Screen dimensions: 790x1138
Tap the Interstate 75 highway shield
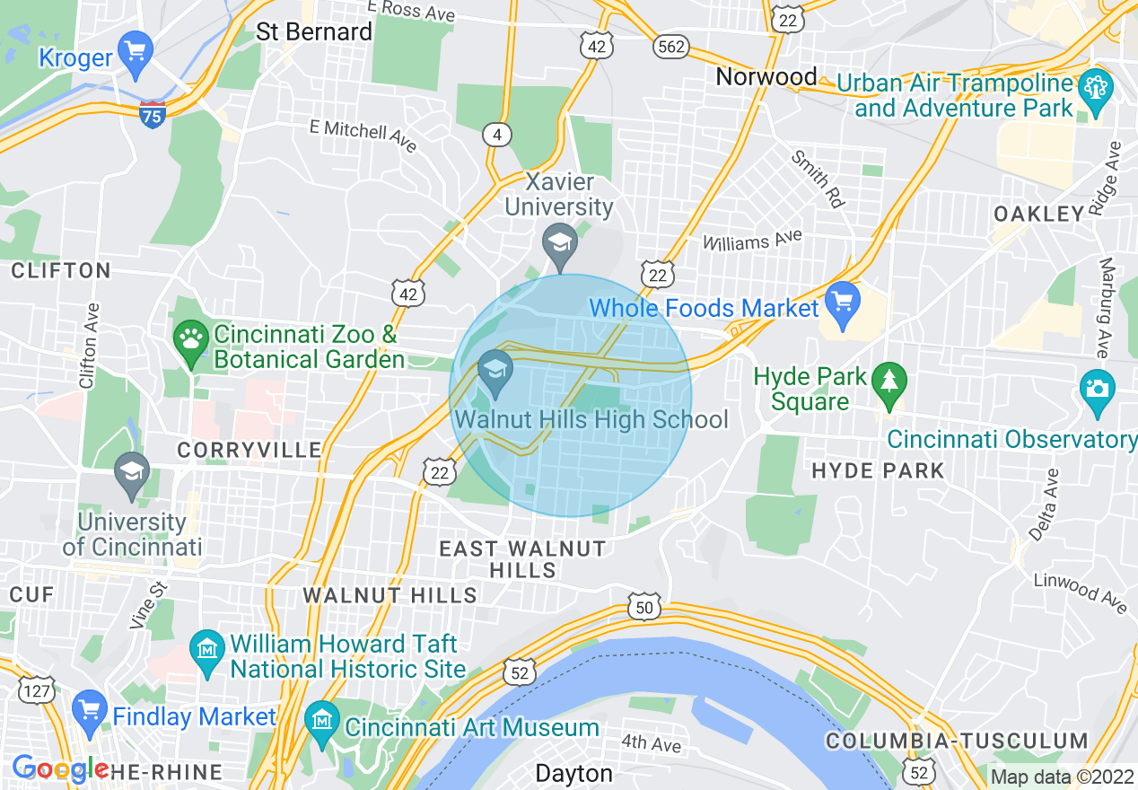(x=153, y=115)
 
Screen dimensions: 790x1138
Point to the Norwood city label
(x=766, y=77)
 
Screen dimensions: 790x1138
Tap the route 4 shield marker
(x=496, y=135)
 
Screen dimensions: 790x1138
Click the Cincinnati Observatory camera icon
(x=1097, y=389)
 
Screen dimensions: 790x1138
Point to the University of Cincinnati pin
(x=132, y=472)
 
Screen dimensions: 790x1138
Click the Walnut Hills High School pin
(x=495, y=370)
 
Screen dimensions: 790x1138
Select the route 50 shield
(x=644, y=608)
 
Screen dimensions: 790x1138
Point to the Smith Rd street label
(x=818, y=179)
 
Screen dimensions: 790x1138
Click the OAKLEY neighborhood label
(x=1039, y=214)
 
